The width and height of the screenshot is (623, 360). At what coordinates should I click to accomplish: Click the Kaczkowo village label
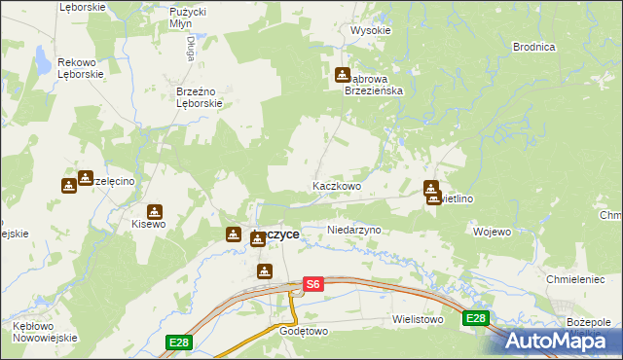[337, 185]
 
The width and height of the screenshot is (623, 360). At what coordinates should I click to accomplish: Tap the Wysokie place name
[370, 30]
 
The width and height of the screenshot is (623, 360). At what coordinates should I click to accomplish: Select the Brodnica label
[533, 47]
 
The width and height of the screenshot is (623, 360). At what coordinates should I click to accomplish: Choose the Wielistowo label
[418, 318]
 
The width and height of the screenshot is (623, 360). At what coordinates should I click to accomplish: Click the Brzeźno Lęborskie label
[201, 97]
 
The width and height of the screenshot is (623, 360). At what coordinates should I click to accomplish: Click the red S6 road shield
[311, 284]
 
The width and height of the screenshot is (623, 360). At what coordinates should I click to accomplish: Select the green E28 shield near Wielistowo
[475, 318]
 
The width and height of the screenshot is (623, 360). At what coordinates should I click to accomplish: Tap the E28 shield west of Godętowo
[177, 342]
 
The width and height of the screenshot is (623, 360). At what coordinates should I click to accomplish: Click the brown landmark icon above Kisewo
[154, 211]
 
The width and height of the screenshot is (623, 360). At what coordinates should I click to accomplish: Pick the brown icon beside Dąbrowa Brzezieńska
[343, 75]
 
